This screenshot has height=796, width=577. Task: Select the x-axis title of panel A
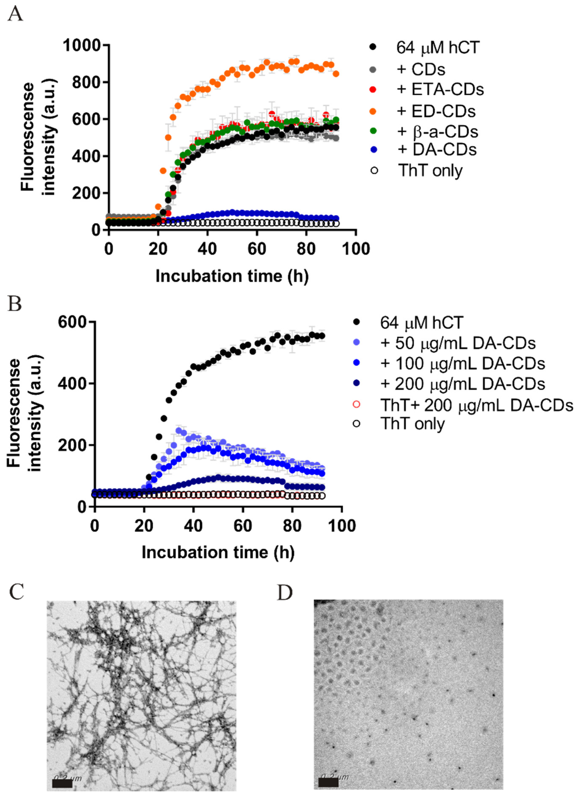[232, 276]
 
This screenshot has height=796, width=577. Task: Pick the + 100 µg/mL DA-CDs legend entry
[462, 363]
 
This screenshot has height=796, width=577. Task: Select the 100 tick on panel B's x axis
[341, 526]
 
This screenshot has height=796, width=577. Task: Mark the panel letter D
[285, 593]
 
